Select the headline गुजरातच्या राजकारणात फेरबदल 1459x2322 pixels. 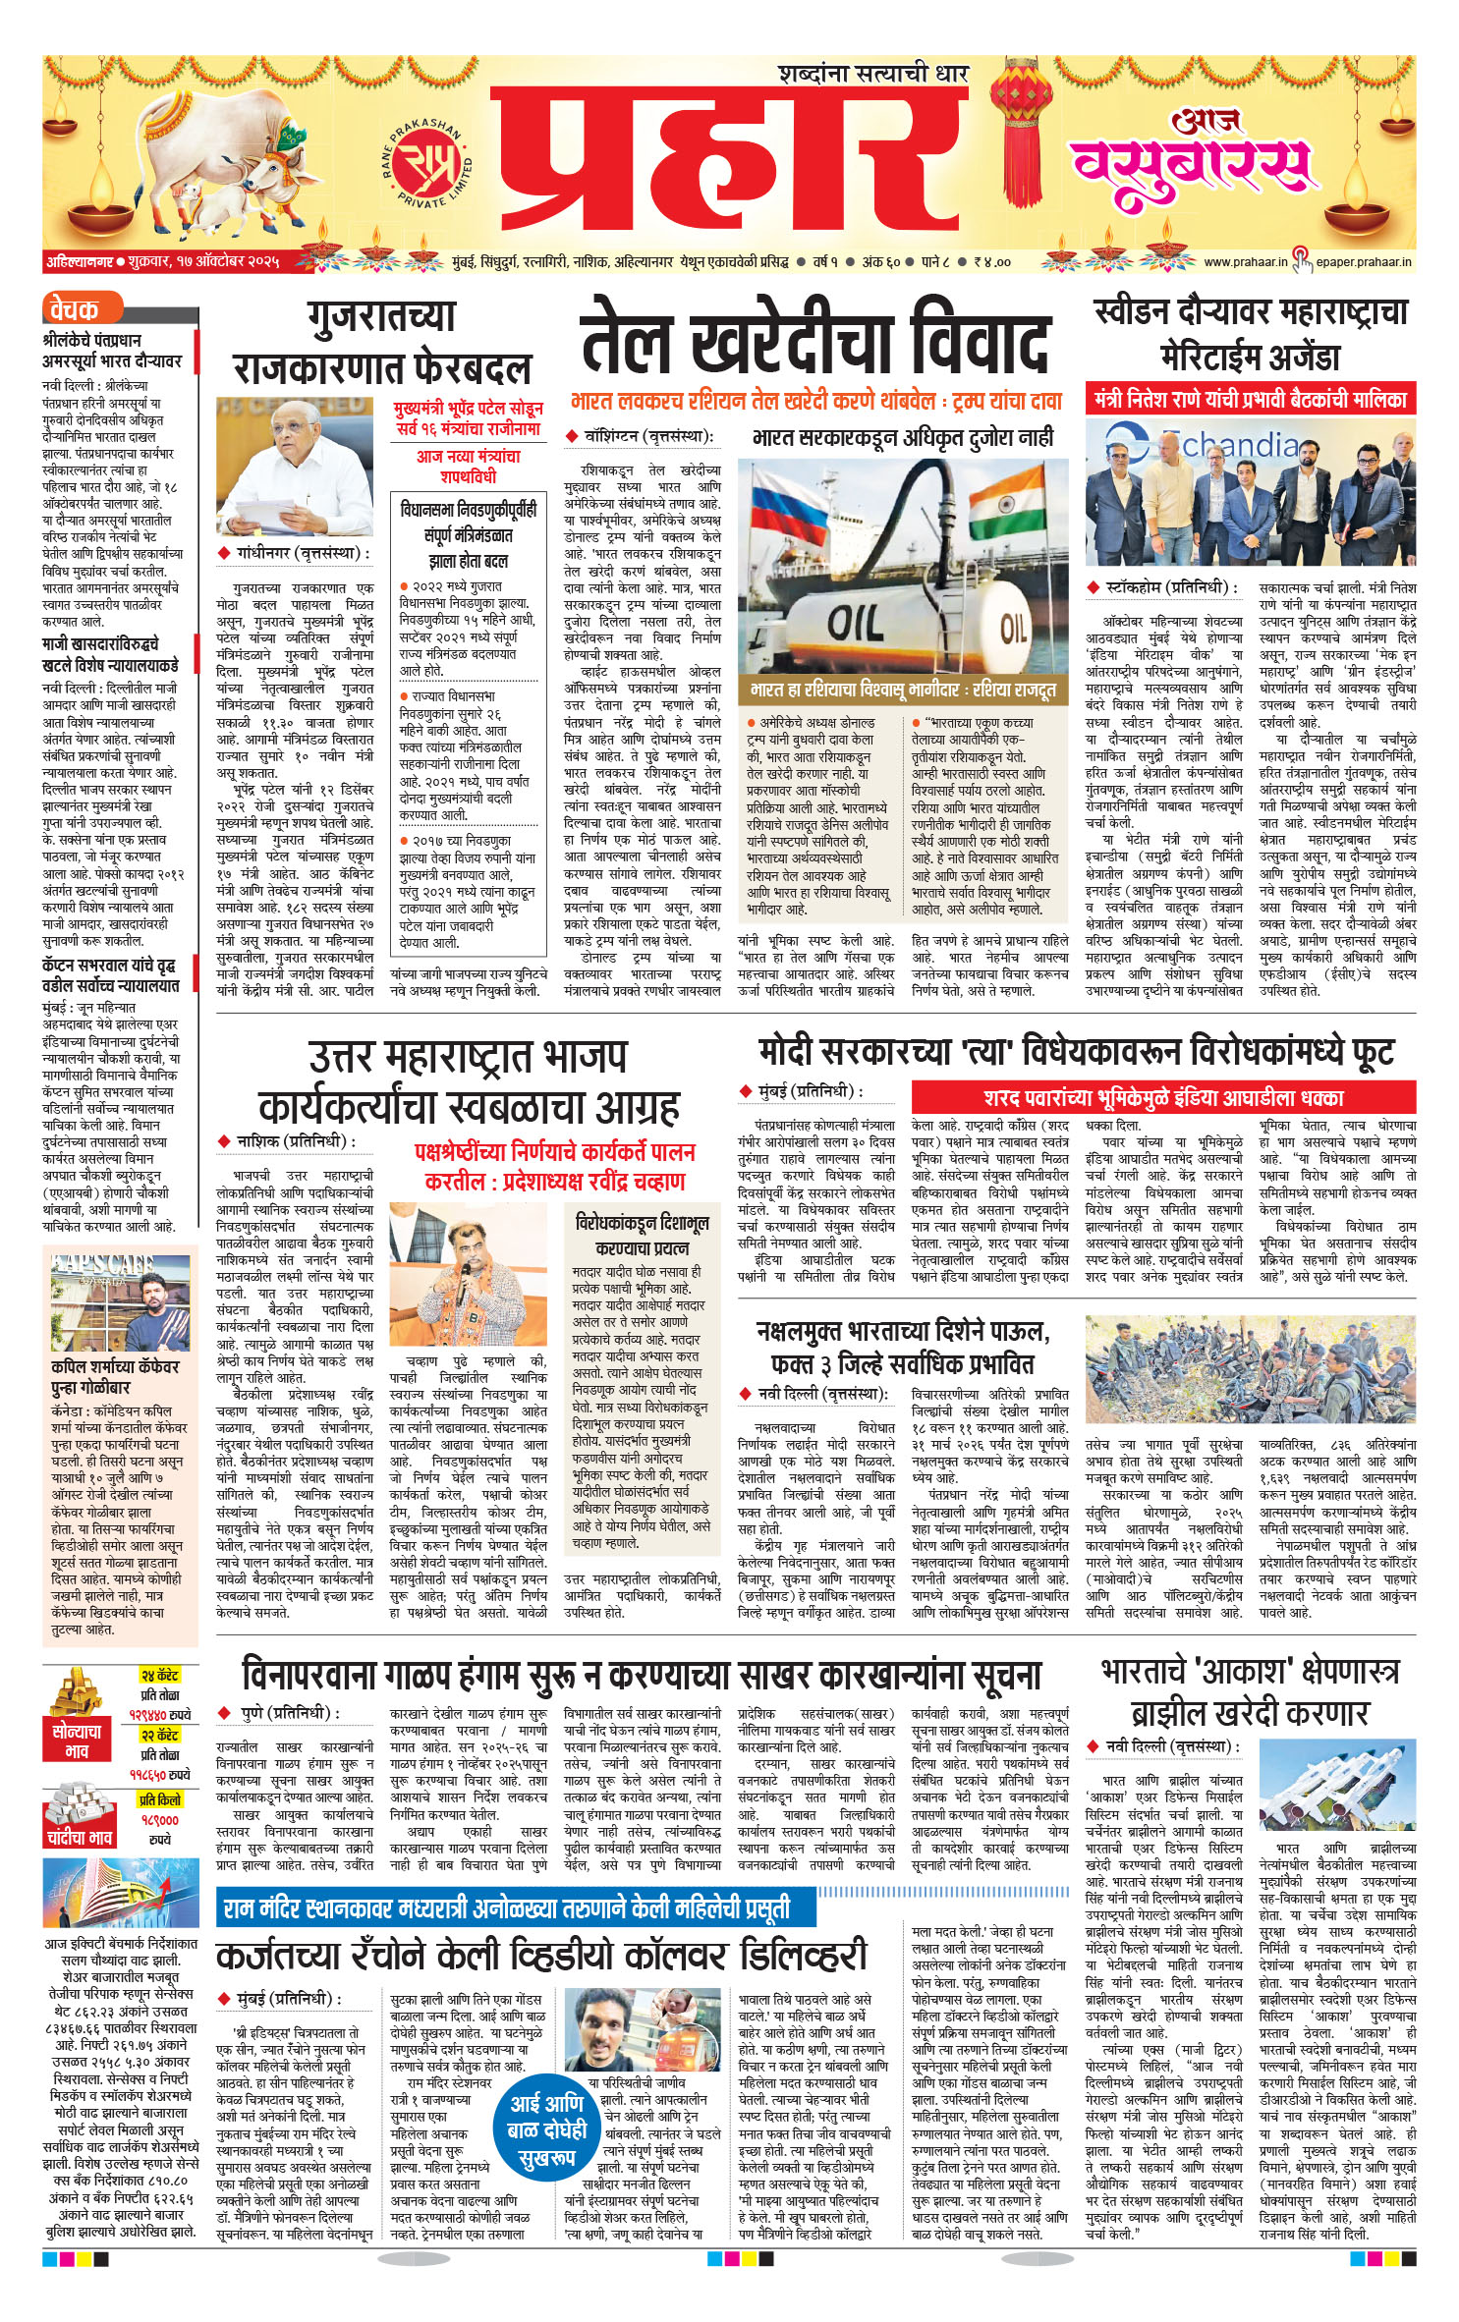tap(381, 342)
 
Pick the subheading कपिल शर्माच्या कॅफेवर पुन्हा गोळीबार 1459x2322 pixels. tap(115, 1377)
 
